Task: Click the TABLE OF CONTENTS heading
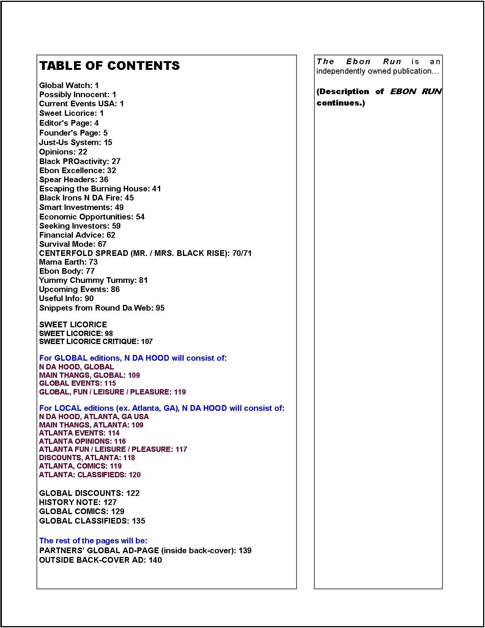[109, 66]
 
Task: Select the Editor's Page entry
[69, 123]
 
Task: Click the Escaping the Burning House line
[100, 189]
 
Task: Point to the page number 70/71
[242, 253]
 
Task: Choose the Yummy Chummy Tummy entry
[93, 280]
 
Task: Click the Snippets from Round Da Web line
[102, 308]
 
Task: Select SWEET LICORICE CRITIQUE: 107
[96, 341]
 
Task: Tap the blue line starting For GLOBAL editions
[132, 358]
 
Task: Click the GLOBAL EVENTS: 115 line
[77, 383]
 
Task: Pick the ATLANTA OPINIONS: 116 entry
[82, 441]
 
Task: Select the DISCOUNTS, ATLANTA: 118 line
[87, 458]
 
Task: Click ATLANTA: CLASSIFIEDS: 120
[90, 475]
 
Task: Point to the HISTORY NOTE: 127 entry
[78, 502]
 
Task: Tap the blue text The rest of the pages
[93, 541]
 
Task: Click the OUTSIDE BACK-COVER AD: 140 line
[100, 560]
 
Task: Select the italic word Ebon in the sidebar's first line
[358, 62]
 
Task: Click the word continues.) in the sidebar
[340, 103]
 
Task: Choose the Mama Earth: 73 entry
[68, 262]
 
